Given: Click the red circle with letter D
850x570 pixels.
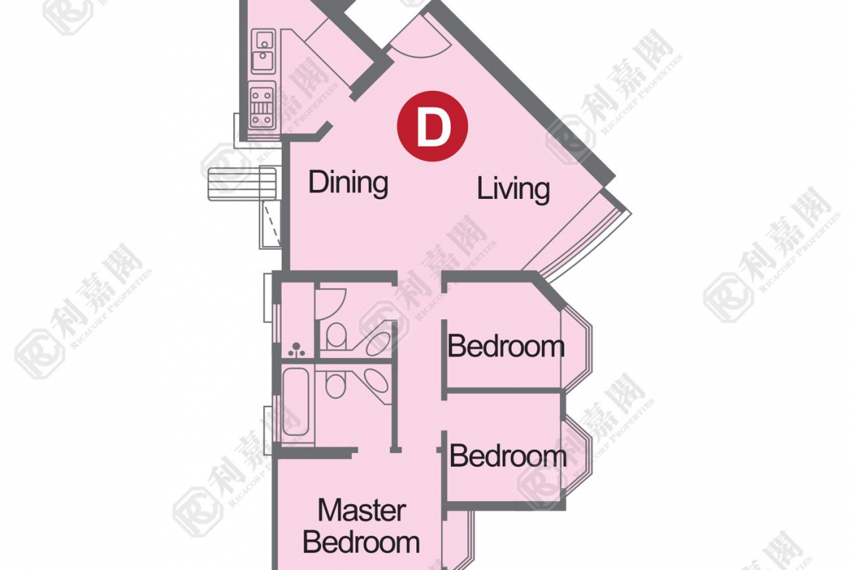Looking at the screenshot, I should click(432, 126).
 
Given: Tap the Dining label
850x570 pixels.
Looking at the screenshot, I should click(348, 182).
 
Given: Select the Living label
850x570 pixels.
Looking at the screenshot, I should click(513, 189).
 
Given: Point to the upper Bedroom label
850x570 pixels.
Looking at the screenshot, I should click(506, 346).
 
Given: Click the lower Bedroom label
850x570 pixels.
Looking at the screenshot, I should click(508, 456).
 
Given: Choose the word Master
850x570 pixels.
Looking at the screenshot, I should click(362, 510).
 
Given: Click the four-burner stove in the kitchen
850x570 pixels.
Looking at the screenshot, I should click(262, 105).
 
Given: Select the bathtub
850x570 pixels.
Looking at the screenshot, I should click(296, 403).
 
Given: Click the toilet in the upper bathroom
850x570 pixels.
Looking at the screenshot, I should click(336, 335).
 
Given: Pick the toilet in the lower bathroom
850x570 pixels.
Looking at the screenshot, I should click(335, 385).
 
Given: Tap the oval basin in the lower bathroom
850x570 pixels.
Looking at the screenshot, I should click(376, 380).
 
